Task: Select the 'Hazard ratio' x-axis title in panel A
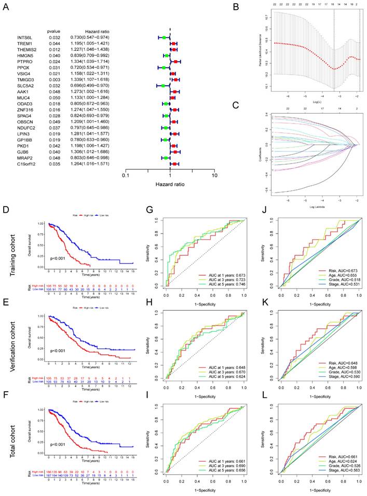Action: pyautogui.click(x=169, y=184)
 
